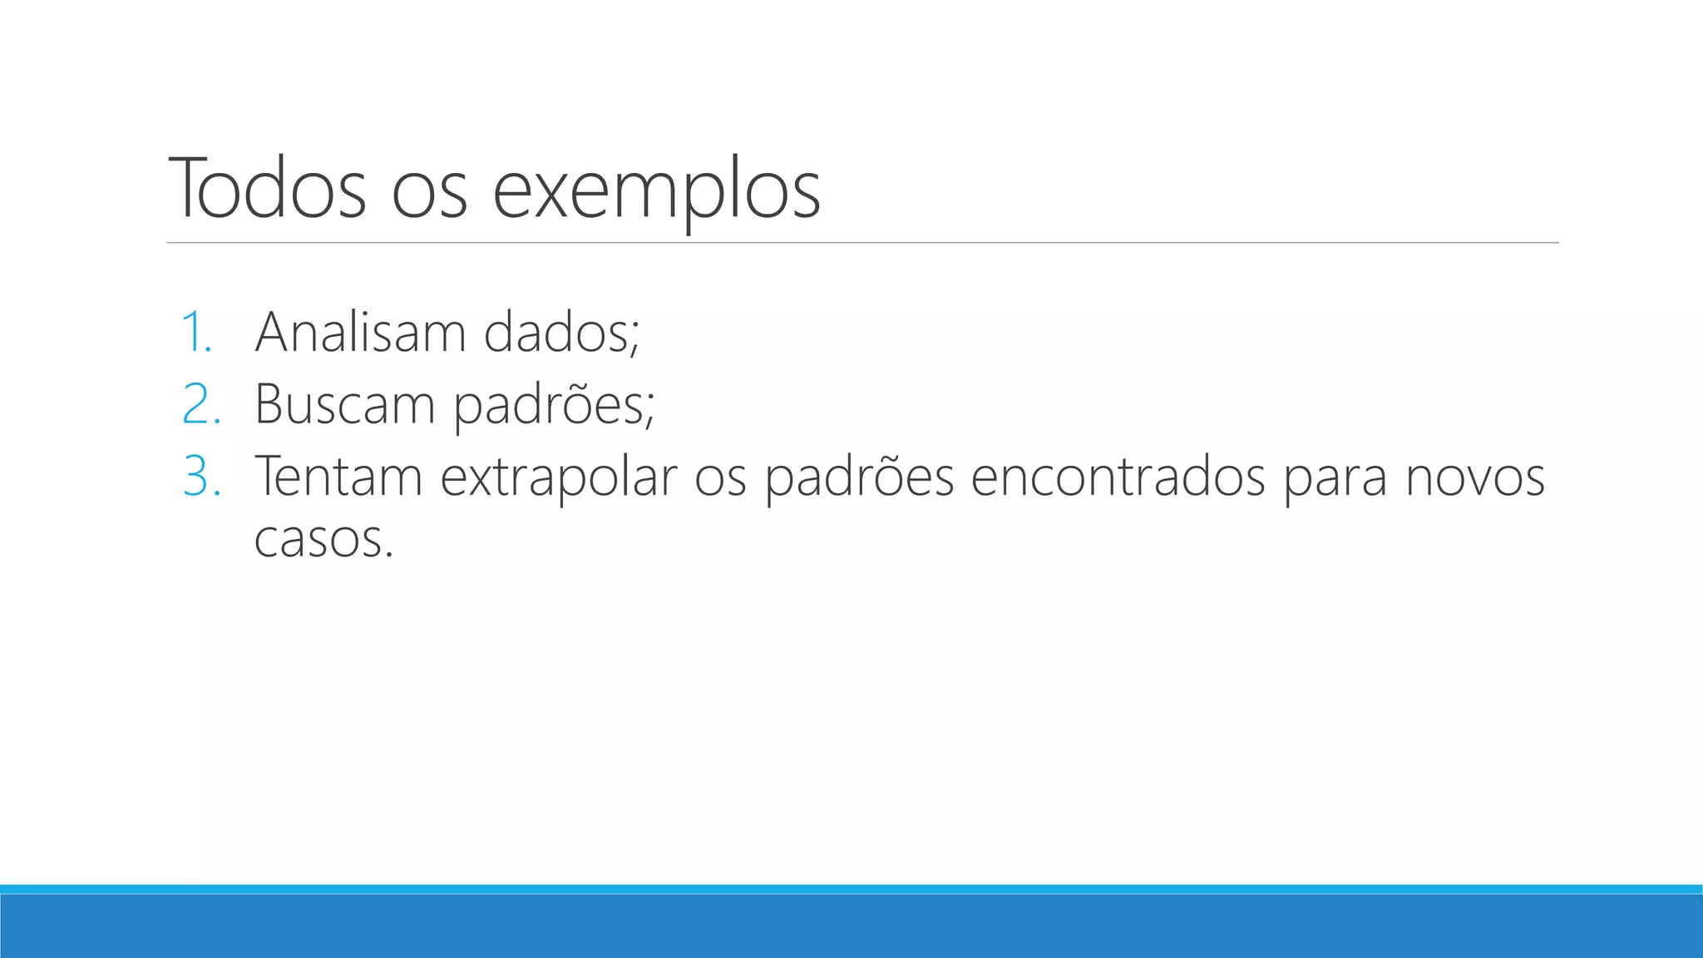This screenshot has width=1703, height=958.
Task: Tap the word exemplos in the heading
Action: (656, 191)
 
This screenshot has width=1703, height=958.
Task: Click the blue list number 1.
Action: (197, 332)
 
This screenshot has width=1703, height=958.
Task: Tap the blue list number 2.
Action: (201, 404)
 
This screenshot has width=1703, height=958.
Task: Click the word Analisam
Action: (360, 332)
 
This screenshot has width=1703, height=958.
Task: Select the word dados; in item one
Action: (561, 332)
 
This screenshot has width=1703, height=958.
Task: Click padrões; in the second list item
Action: (554, 406)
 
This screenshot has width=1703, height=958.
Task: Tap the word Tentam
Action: (338, 477)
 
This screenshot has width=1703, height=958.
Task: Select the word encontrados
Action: (1118, 477)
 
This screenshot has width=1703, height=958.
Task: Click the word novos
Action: (1475, 478)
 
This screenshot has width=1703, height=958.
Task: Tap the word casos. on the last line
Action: (323, 540)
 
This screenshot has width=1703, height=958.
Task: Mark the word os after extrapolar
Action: (720, 481)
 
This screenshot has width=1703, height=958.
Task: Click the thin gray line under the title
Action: (862, 243)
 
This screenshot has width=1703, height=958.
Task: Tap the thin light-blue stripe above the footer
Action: (851, 889)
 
